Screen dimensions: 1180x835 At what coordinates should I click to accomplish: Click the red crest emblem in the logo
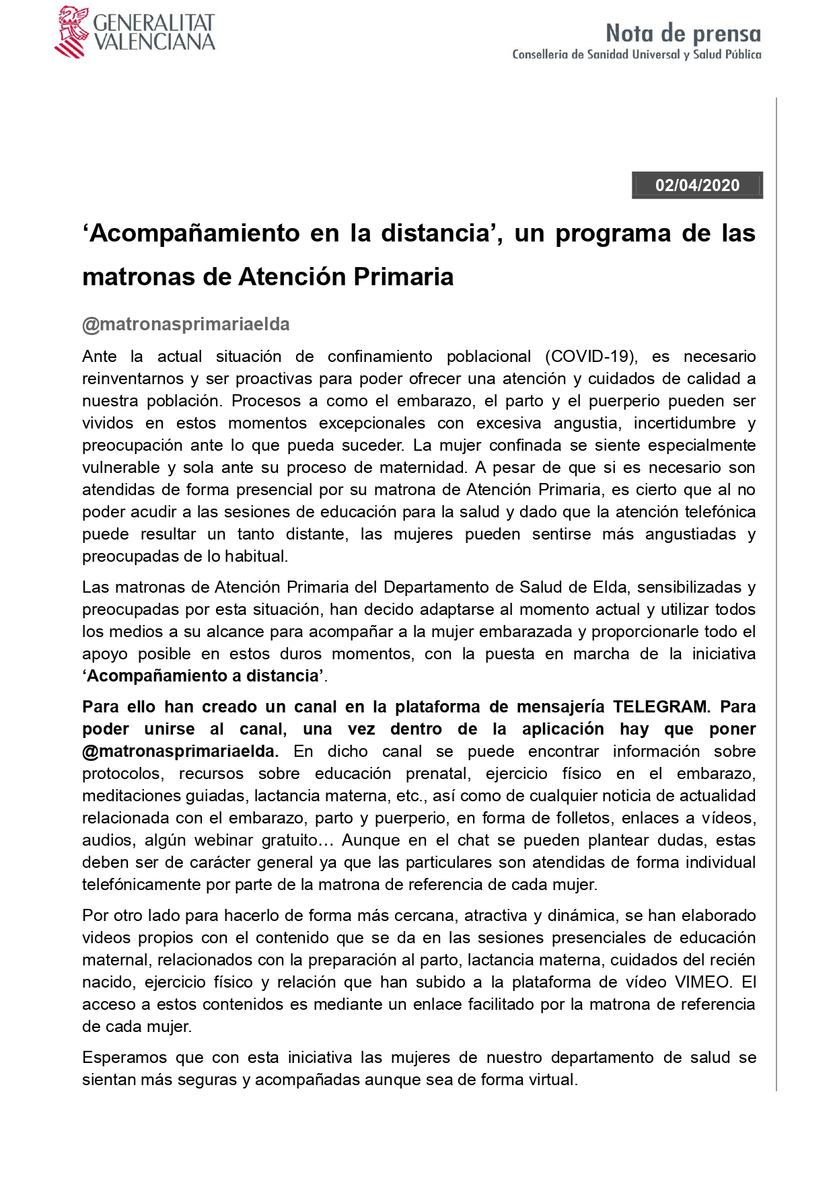[x=71, y=32]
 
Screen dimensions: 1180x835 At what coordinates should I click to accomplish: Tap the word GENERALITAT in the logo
[x=153, y=22]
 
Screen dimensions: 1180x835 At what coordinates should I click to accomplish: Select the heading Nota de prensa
[x=683, y=33]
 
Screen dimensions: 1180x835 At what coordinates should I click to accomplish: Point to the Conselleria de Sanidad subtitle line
[x=637, y=54]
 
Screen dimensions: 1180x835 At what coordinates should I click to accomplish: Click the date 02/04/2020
[x=697, y=185]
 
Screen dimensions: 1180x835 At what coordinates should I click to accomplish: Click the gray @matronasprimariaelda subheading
[x=186, y=324]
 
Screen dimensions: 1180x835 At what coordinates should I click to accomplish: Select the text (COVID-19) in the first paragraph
[x=591, y=356]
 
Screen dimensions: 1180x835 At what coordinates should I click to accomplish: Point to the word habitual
[x=258, y=556]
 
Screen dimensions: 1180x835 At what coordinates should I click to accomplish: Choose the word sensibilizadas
[x=689, y=587]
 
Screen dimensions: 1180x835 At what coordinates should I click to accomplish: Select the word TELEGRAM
[x=660, y=706]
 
